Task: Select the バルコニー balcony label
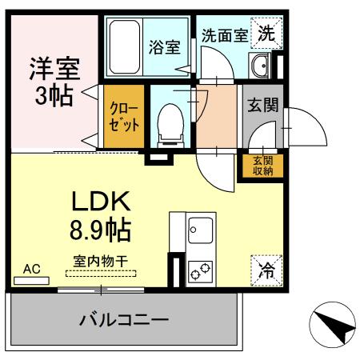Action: (x=123, y=321)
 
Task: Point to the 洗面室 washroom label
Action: (x=222, y=35)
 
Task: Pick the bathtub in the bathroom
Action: (x=125, y=46)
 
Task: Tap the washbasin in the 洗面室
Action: (x=259, y=65)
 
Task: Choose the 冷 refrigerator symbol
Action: (x=267, y=269)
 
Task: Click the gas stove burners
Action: (x=199, y=272)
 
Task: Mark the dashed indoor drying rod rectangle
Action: (x=101, y=273)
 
